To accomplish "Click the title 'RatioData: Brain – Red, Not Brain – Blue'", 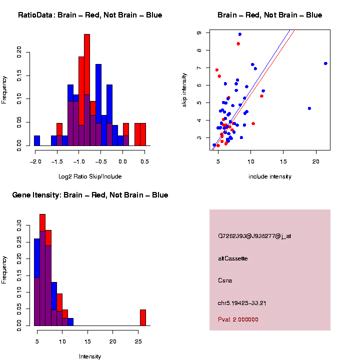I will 90,15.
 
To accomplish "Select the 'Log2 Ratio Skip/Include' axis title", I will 90,176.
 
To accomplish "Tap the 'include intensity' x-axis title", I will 270,176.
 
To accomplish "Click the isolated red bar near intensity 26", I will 143,317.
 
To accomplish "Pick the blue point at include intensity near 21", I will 325,63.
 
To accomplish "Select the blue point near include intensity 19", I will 309,108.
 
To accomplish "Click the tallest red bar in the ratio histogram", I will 87,90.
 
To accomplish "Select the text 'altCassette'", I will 233,258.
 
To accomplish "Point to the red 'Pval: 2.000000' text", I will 238,319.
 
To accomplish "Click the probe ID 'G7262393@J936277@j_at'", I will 254,236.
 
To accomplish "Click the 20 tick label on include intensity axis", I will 316,161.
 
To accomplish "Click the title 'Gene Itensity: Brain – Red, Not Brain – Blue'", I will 90,195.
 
